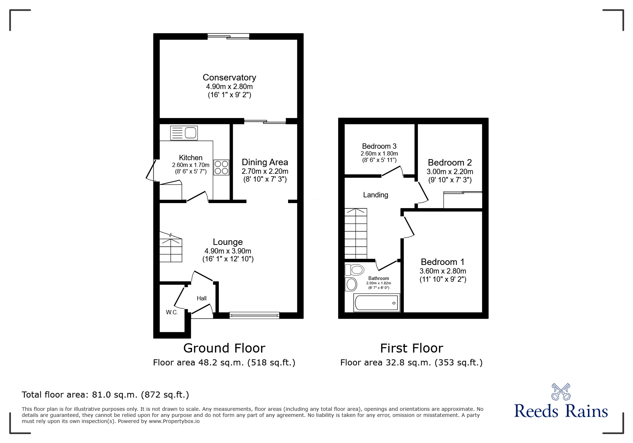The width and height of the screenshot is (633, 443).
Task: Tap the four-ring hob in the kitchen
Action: (221, 167)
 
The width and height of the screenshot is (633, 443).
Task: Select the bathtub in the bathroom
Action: (376, 303)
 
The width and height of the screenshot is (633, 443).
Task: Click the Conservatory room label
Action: (229, 78)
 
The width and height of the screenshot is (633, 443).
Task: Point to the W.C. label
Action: (172, 312)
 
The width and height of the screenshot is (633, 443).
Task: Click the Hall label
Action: (202, 299)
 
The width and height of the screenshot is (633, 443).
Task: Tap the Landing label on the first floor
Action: (376, 195)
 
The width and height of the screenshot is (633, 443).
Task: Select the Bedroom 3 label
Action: (379, 146)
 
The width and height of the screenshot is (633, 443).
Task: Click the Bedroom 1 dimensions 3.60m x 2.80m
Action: (443, 271)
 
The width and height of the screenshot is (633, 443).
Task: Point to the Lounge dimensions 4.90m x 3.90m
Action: (228, 251)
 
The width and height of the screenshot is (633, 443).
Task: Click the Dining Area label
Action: (265, 162)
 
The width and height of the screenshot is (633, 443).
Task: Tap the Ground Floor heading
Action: (224, 348)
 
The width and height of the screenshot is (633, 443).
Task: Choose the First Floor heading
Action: (411, 348)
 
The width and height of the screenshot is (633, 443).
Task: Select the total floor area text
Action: (105, 395)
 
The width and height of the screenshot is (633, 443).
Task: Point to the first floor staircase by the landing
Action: (356, 233)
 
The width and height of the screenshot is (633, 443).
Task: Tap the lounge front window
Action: (254, 315)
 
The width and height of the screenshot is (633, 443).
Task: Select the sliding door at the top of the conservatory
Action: (228, 36)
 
